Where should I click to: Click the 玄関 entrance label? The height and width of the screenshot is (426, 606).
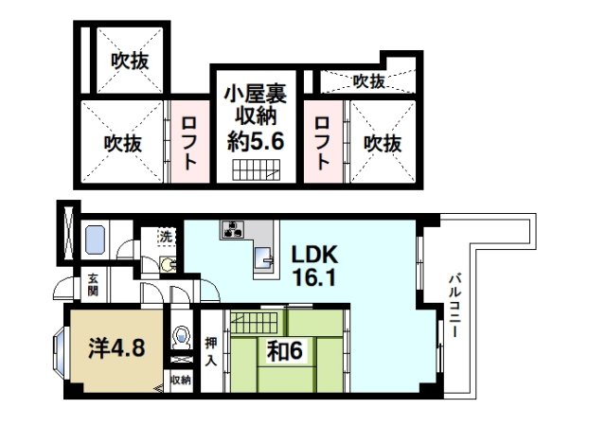[x=94, y=284]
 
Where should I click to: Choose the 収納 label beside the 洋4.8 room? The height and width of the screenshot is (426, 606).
[x=180, y=380]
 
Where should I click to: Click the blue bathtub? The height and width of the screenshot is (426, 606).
[x=96, y=240]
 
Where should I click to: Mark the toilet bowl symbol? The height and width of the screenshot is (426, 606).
[x=180, y=337]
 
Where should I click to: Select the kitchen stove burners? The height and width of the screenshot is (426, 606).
[x=233, y=228]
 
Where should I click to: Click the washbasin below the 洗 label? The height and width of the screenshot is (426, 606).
[x=168, y=264]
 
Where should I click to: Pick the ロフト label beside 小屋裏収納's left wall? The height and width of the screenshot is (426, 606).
[x=190, y=142]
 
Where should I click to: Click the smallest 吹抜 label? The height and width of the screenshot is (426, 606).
[x=368, y=81]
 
